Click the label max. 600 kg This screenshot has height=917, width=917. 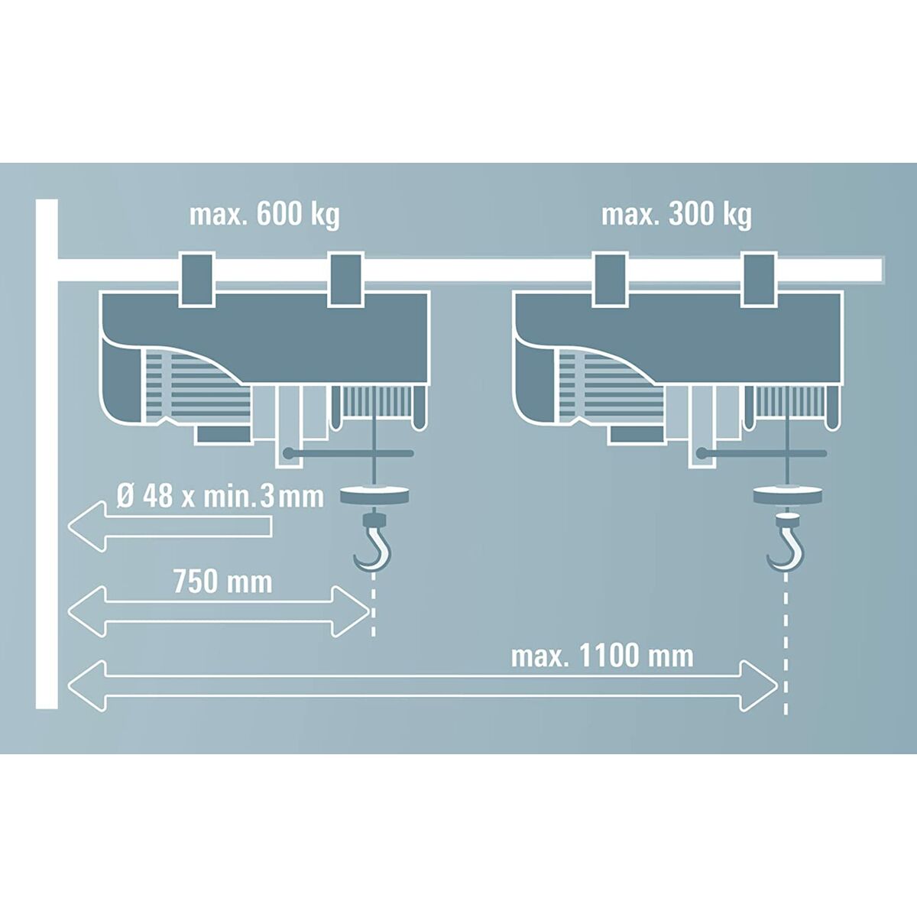[x=264, y=215]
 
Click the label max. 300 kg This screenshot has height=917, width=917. [x=676, y=215]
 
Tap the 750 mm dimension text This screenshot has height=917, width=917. [x=222, y=582]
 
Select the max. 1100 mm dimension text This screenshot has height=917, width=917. [x=602, y=656]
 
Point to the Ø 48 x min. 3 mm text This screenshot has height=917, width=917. [x=220, y=497]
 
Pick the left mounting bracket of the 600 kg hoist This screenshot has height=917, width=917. [x=196, y=280]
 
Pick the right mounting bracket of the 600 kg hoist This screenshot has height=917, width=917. [x=344, y=280]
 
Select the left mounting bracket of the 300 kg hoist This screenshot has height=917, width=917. [x=609, y=280]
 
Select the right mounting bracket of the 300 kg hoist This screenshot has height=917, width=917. [x=757, y=280]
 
